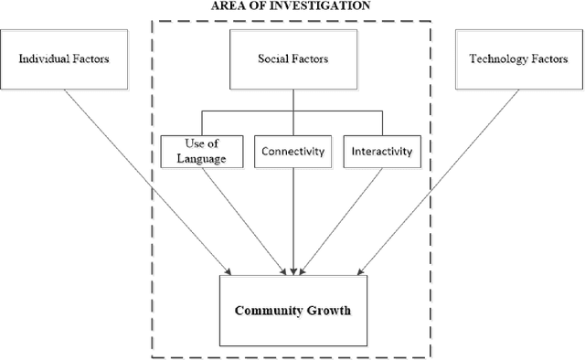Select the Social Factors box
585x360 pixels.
pyautogui.click(x=292, y=59)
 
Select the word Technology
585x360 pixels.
pyautogui.click(x=495, y=59)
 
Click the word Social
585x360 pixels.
pyautogui.click(x=274, y=59)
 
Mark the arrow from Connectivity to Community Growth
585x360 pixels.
pyautogui.click(x=292, y=219)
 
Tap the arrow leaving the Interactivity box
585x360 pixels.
pyautogui.click(x=347, y=219)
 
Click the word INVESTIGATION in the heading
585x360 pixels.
pyautogui.click(x=314, y=5)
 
